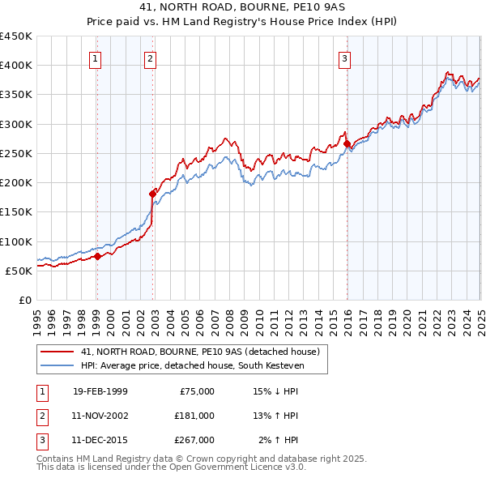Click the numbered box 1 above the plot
point(96,58)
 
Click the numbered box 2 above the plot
point(151,58)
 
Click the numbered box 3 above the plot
point(344,58)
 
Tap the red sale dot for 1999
point(97,256)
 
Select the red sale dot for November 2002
point(152,194)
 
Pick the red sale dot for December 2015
point(347,143)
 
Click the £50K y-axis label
point(19,271)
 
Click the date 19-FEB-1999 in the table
point(100,391)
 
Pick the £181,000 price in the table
point(194,416)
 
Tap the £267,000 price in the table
point(194,440)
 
